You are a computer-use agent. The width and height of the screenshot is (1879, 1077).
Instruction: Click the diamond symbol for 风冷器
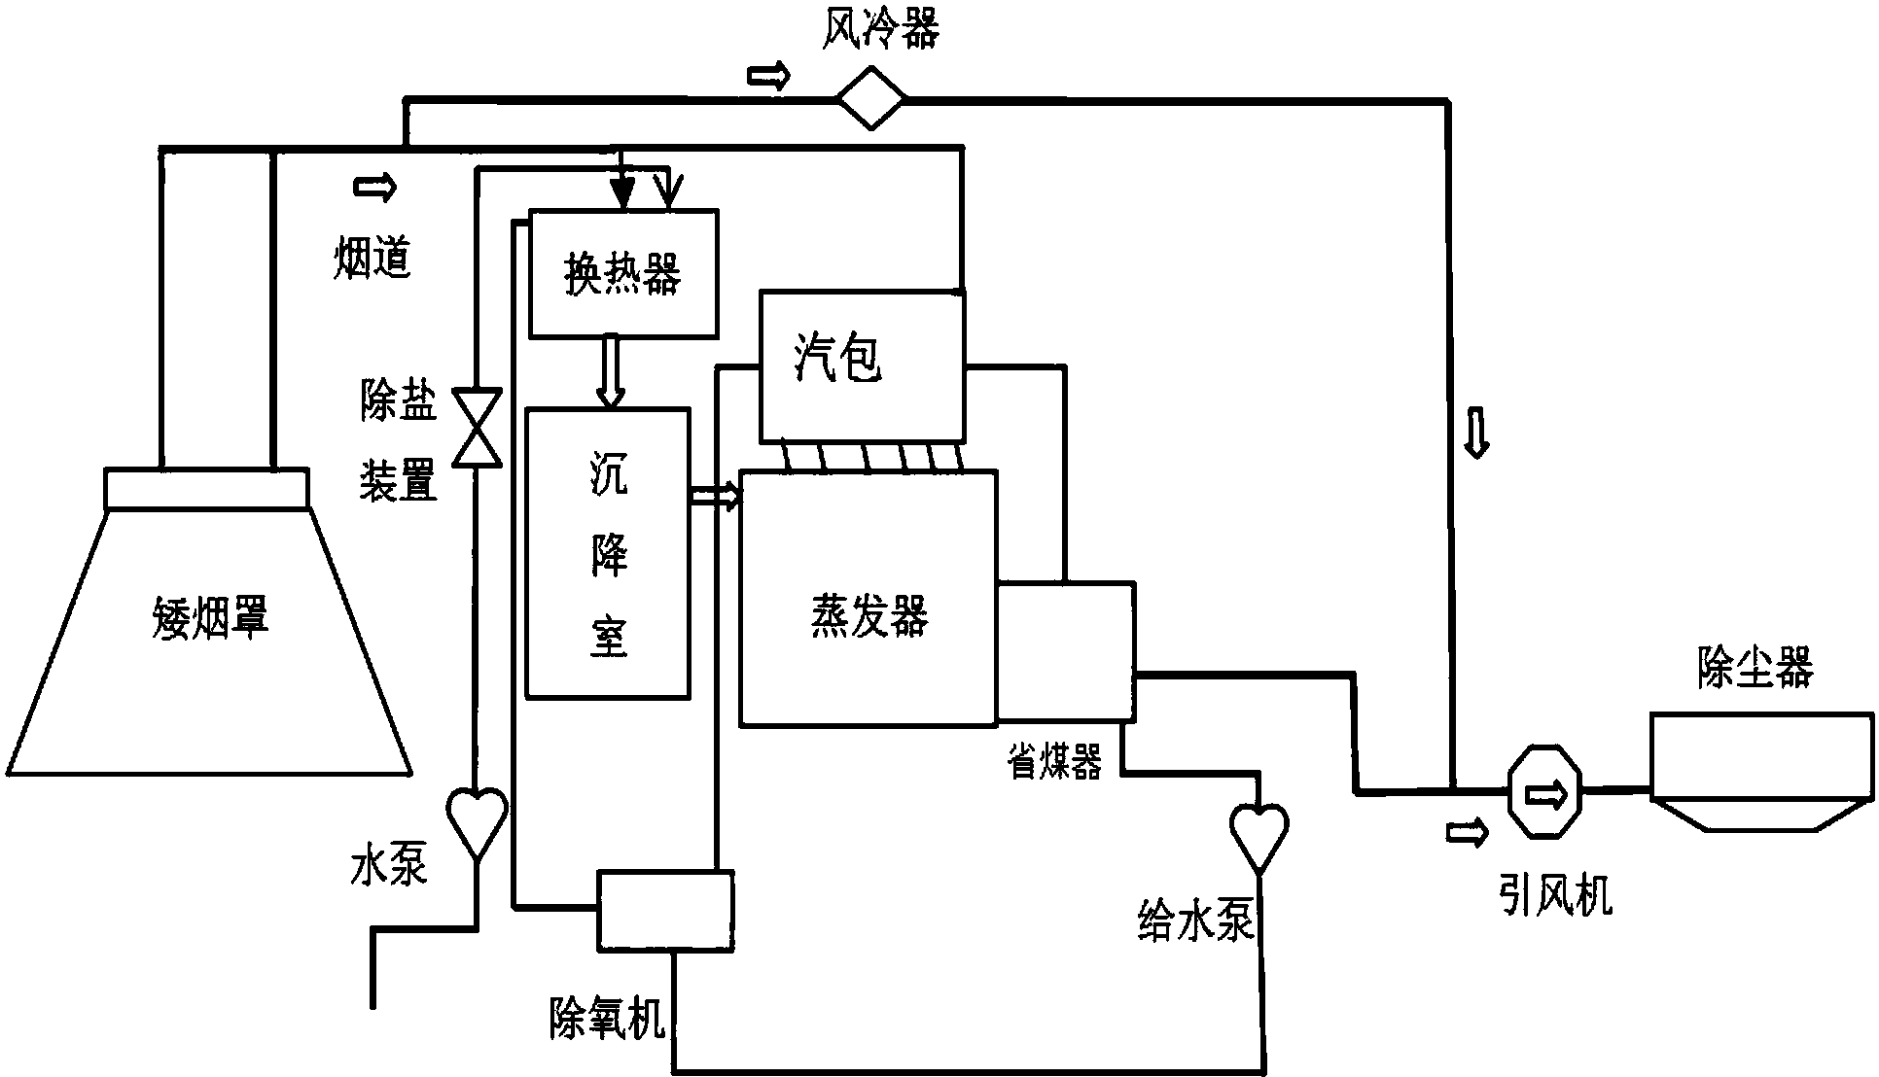pyautogui.click(x=871, y=97)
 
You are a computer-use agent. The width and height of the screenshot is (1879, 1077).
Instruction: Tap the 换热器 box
pyautogui.click(x=622, y=273)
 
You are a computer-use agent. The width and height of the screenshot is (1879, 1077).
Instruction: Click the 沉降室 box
pyautogui.click(x=608, y=553)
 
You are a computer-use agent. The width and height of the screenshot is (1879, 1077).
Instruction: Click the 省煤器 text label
pyautogui.click(x=1054, y=764)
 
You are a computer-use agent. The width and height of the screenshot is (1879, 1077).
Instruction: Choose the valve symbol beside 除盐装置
pyautogui.click(x=479, y=428)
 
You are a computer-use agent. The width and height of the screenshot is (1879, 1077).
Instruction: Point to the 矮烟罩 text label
pyautogui.click(x=210, y=616)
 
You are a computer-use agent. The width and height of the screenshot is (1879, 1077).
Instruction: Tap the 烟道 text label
pyautogui.click(x=372, y=258)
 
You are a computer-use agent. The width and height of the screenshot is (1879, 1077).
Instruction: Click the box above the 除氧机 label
pyautogui.click(x=664, y=909)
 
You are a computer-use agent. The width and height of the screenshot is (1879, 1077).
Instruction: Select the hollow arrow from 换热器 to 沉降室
pyautogui.click(x=610, y=371)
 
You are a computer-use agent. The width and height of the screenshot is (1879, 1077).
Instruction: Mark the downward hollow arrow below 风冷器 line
pyautogui.click(x=1476, y=434)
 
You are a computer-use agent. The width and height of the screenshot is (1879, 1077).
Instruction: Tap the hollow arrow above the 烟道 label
pyautogui.click(x=375, y=187)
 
